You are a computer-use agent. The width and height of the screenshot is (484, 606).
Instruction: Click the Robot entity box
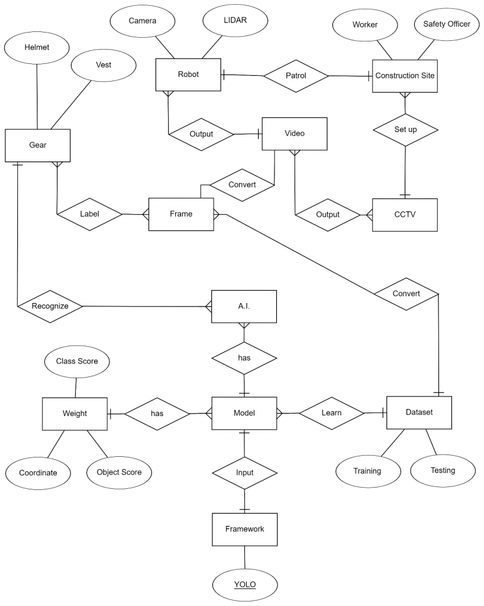pyautogui.click(x=188, y=75)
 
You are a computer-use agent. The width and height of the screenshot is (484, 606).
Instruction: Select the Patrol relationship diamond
pyautogui.click(x=296, y=76)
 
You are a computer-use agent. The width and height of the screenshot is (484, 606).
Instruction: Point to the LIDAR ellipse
pyautogui.click(x=235, y=20)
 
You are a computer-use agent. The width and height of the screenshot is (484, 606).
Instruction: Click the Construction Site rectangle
pyautogui.click(x=405, y=76)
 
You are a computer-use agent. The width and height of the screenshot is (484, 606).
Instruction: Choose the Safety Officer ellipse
pyautogui.click(x=446, y=25)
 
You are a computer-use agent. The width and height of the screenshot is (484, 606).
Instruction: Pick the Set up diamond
pyautogui.click(x=405, y=128)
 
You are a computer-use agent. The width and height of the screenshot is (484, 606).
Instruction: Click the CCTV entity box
pyautogui.click(x=405, y=214)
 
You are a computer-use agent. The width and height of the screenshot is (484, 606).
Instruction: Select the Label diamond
pyautogui.click(x=89, y=214)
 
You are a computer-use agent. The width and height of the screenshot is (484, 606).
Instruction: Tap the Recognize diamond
pyautogui.click(x=50, y=306)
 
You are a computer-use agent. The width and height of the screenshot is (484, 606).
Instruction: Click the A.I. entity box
pyautogui.click(x=244, y=306)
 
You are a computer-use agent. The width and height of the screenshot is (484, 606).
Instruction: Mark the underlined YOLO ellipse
pyautogui.click(x=244, y=585)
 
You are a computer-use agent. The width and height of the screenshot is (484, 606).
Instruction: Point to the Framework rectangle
pyautogui.click(x=244, y=529)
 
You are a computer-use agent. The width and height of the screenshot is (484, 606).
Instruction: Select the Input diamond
pyautogui.click(x=244, y=472)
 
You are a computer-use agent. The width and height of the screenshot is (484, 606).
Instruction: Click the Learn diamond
pyautogui.click(x=331, y=412)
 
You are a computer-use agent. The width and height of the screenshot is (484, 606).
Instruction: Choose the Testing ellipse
pyautogui.click(x=443, y=470)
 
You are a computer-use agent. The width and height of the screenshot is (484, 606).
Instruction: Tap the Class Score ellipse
pyautogui.click(x=77, y=361)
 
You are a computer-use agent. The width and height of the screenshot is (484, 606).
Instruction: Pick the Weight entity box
pyautogui.click(x=75, y=413)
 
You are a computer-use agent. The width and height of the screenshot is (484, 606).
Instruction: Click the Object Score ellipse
pyautogui.click(x=119, y=472)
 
